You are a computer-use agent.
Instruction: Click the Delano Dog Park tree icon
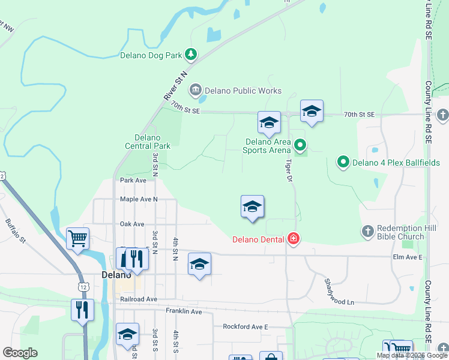click(x=191, y=55)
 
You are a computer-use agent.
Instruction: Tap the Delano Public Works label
click(x=243, y=91)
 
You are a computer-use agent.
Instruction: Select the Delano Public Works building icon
click(x=195, y=91)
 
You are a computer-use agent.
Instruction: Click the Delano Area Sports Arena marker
click(x=301, y=145)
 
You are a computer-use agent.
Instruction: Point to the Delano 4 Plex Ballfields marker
click(x=343, y=162)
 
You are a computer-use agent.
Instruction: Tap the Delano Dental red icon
click(x=293, y=239)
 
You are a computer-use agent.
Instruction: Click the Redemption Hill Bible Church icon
click(x=368, y=231)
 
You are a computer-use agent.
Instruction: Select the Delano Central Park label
click(x=148, y=142)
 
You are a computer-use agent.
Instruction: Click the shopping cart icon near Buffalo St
click(x=78, y=239)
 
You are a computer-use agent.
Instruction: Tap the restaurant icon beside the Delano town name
click(x=133, y=259)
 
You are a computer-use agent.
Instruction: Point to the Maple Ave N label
click(x=138, y=199)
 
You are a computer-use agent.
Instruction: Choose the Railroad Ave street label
click(x=138, y=299)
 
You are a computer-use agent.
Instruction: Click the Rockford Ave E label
click(x=245, y=326)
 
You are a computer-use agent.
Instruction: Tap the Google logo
click(x=20, y=352)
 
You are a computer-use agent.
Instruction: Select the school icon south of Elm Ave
click(x=199, y=264)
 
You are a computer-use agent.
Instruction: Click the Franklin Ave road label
click(x=184, y=311)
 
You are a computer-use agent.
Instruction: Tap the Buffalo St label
click(x=16, y=232)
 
